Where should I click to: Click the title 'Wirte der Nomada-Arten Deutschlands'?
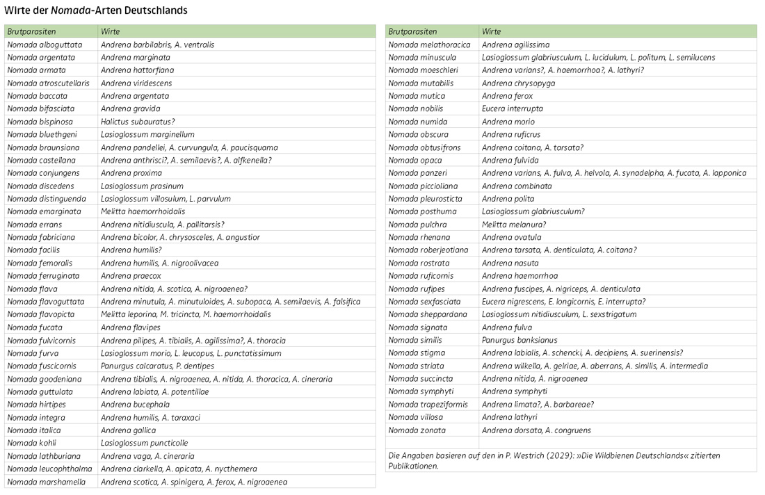coord(96,11)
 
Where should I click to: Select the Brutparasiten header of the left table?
coord(31,31)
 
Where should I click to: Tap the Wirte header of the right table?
coord(491,31)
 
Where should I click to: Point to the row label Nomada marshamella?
coord(42,482)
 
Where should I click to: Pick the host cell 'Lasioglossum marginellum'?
coord(147,134)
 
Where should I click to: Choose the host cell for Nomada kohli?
coord(144,443)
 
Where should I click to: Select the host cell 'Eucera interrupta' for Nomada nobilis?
coord(513,108)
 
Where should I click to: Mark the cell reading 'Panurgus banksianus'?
coord(520,340)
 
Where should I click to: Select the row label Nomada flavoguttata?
coord(46,302)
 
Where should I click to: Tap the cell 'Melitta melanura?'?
coord(514,225)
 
